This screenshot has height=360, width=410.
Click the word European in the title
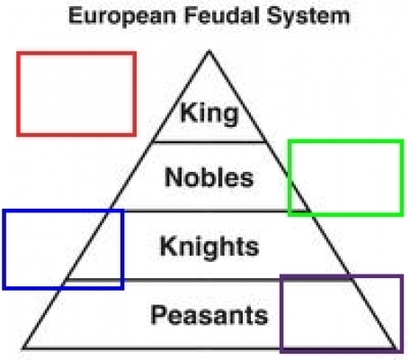122,16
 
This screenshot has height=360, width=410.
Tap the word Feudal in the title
222,15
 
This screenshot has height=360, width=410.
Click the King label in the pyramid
209,113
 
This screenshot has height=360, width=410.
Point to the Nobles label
209,177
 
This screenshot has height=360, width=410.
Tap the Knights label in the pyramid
209,247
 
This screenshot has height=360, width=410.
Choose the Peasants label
209,315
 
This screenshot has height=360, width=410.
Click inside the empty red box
76,94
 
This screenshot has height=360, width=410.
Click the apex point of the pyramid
209,50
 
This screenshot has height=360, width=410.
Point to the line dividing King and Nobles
209,141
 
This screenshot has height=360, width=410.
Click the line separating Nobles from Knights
209,211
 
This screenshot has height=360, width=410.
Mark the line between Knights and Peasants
208,280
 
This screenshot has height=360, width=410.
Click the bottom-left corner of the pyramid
22,349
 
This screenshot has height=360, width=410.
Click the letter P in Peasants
158,315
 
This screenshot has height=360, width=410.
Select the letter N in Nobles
174,177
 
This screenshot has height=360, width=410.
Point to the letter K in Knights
169,246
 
